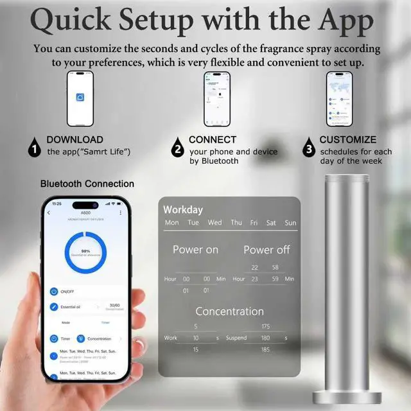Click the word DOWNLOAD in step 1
(x=74, y=139)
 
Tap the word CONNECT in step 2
(x=213, y=139)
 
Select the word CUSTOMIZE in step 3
(x=348, y=139)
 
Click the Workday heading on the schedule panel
(x=183, y=209)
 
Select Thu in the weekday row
(x=236, y=223)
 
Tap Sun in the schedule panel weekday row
(x=290, y=223)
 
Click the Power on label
(x=195, y=249)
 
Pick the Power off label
(x=267, y=249)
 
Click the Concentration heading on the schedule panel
(x=229, y=311)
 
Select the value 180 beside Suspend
(x=266, y=338)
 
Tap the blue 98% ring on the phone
(x=85, y=253)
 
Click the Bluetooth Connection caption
(x=87, y=184)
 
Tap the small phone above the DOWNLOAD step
(x=80, y=98)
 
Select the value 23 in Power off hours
(x=255, y=279)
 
